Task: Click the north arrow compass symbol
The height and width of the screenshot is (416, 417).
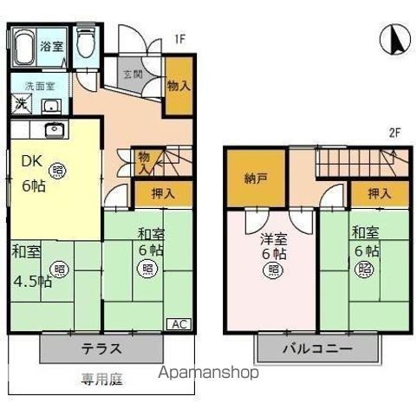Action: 393,40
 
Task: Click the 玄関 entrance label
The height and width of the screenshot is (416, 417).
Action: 133,75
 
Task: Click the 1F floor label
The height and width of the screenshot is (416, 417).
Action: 179,39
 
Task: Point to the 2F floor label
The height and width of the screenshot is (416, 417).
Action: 394,133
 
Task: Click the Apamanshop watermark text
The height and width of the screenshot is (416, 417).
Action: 208,374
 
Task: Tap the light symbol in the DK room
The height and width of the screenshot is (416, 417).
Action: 57,170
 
